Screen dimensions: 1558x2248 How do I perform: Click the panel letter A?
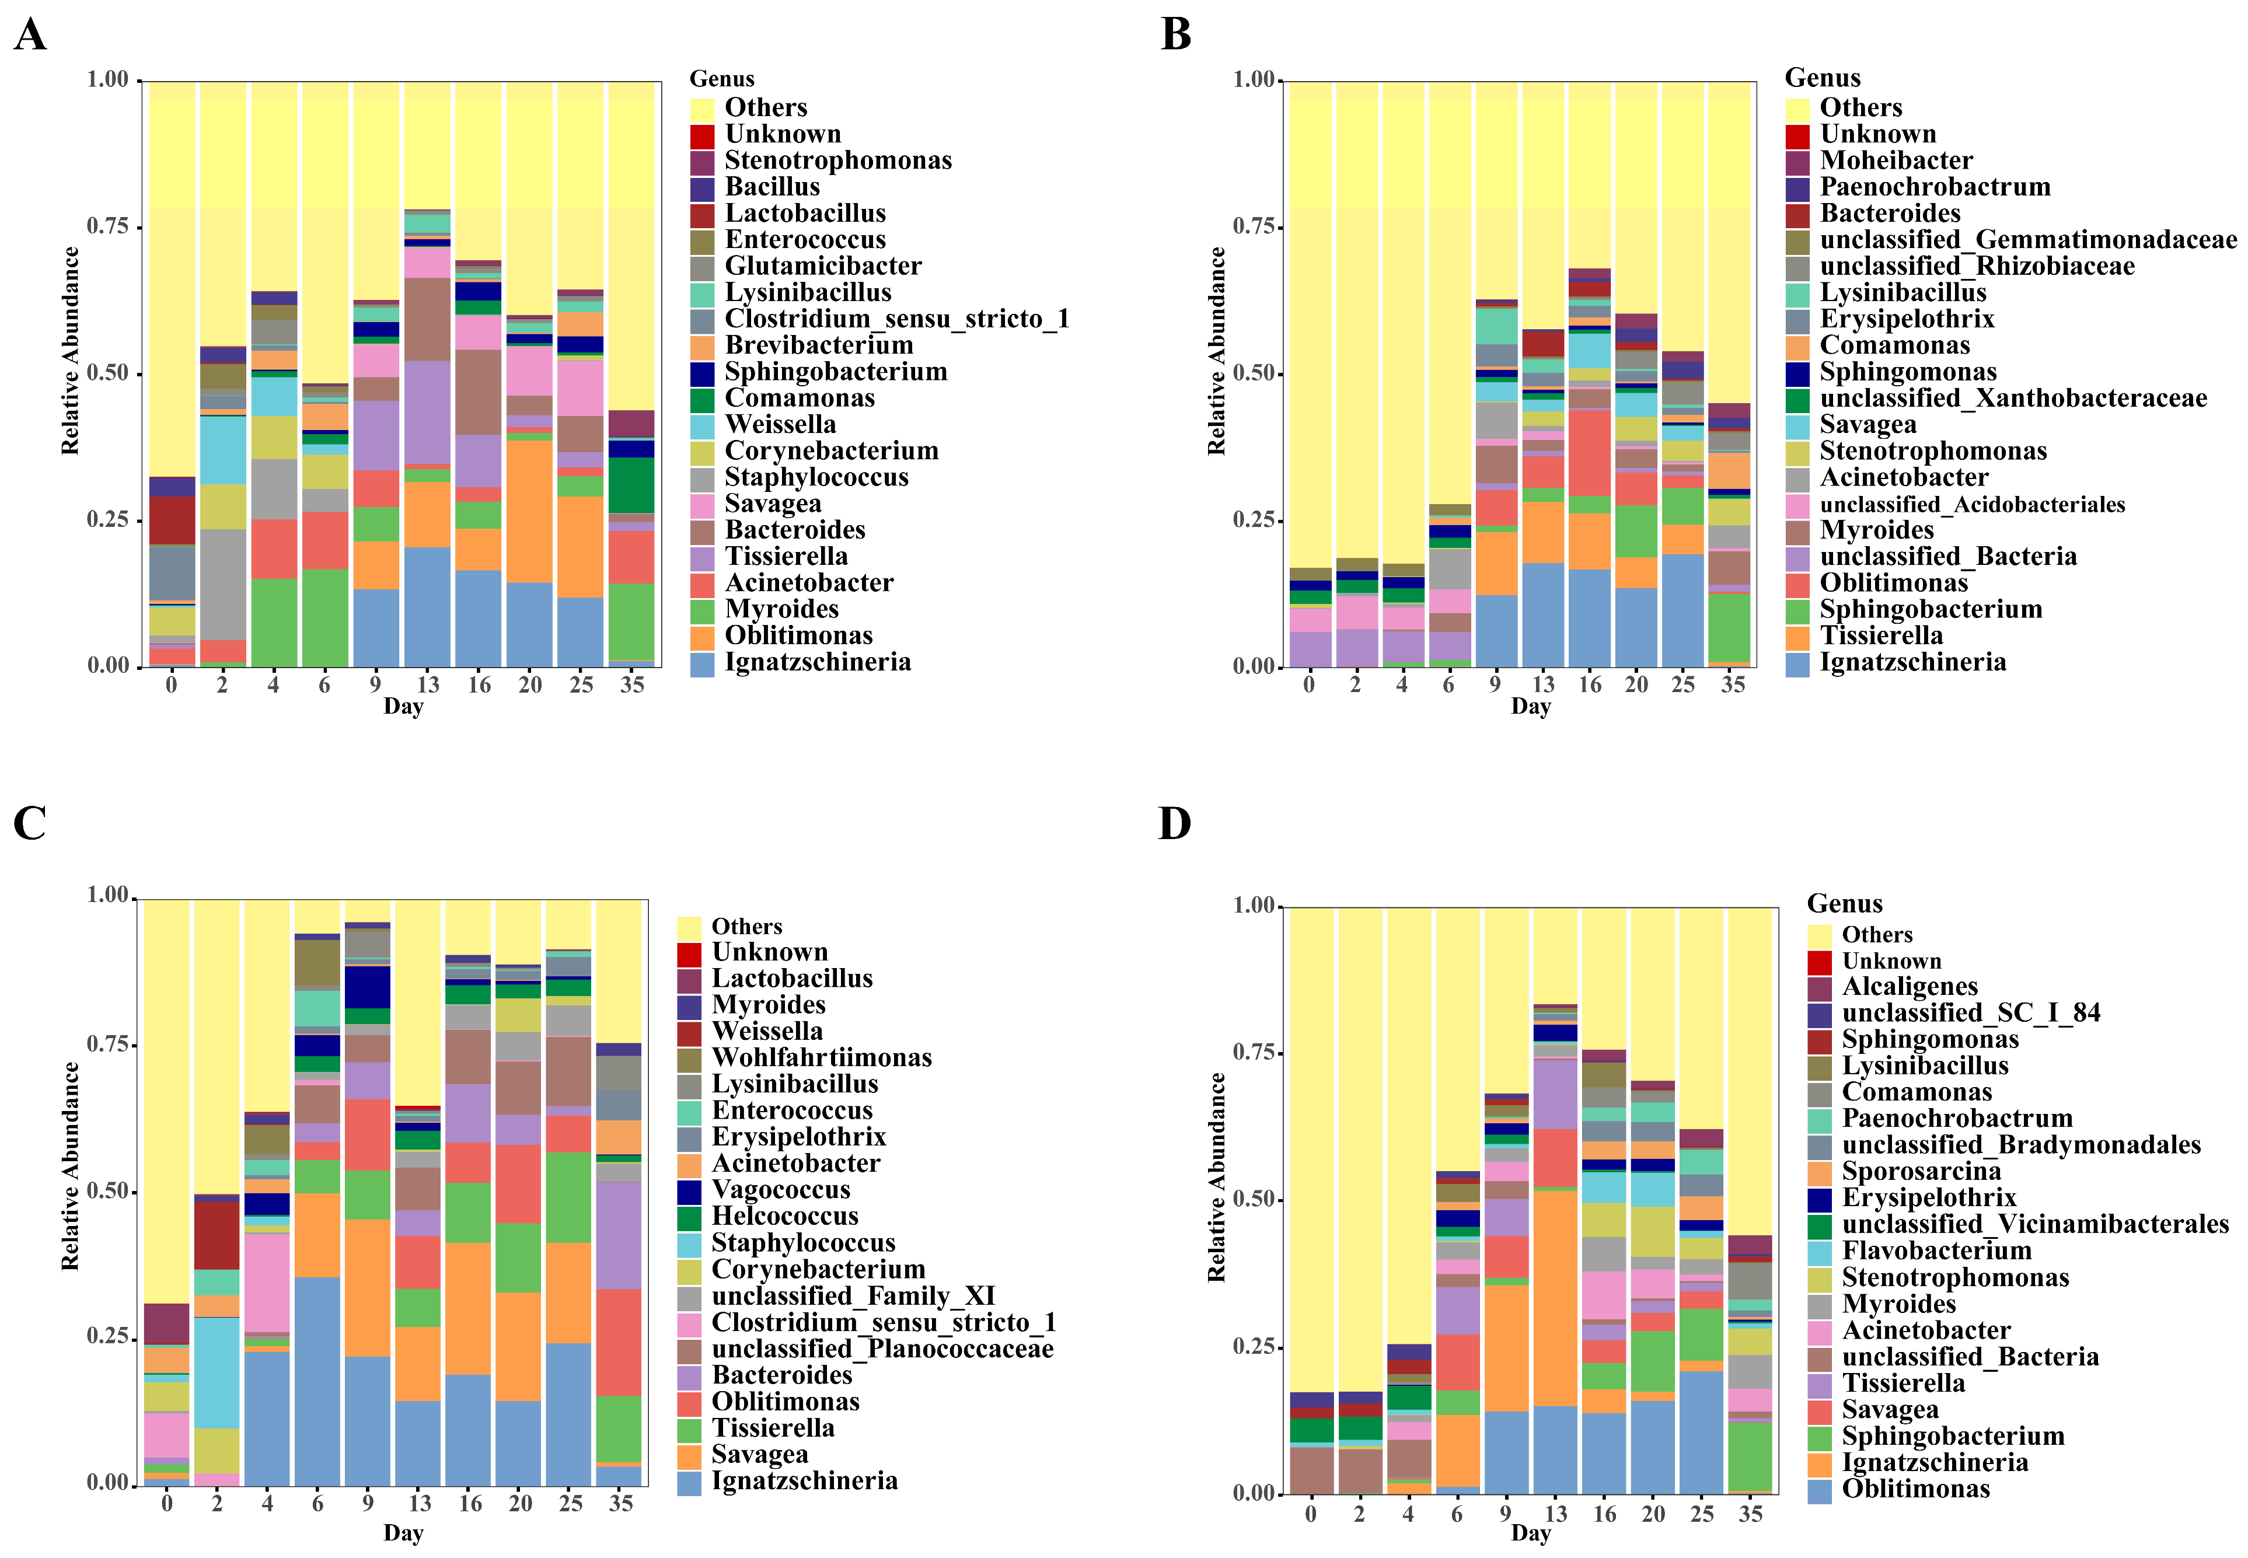pyautogui.click(x=30, y=35)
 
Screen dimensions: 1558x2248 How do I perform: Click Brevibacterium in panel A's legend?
pyautogui.click(x=818, y=345)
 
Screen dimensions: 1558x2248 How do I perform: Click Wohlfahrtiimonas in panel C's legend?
pyautogui.click(x=821, y=1058)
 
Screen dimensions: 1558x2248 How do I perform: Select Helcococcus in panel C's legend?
pyautogui.click(x=785, y=1216)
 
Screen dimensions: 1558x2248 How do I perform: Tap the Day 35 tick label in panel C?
pyautogui.click(x=621, y=1503)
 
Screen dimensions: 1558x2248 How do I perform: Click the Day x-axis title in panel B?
pyautogui.click(x=1530, y=707)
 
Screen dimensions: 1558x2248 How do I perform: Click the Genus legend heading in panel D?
pyautogui.click(x=1844, y=904)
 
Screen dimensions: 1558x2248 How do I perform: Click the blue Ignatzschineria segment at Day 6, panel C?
pyautogui.click(x=317, y=1381)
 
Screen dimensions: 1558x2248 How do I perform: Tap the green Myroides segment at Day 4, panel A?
pyautogui.click(x=273, y=623)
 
